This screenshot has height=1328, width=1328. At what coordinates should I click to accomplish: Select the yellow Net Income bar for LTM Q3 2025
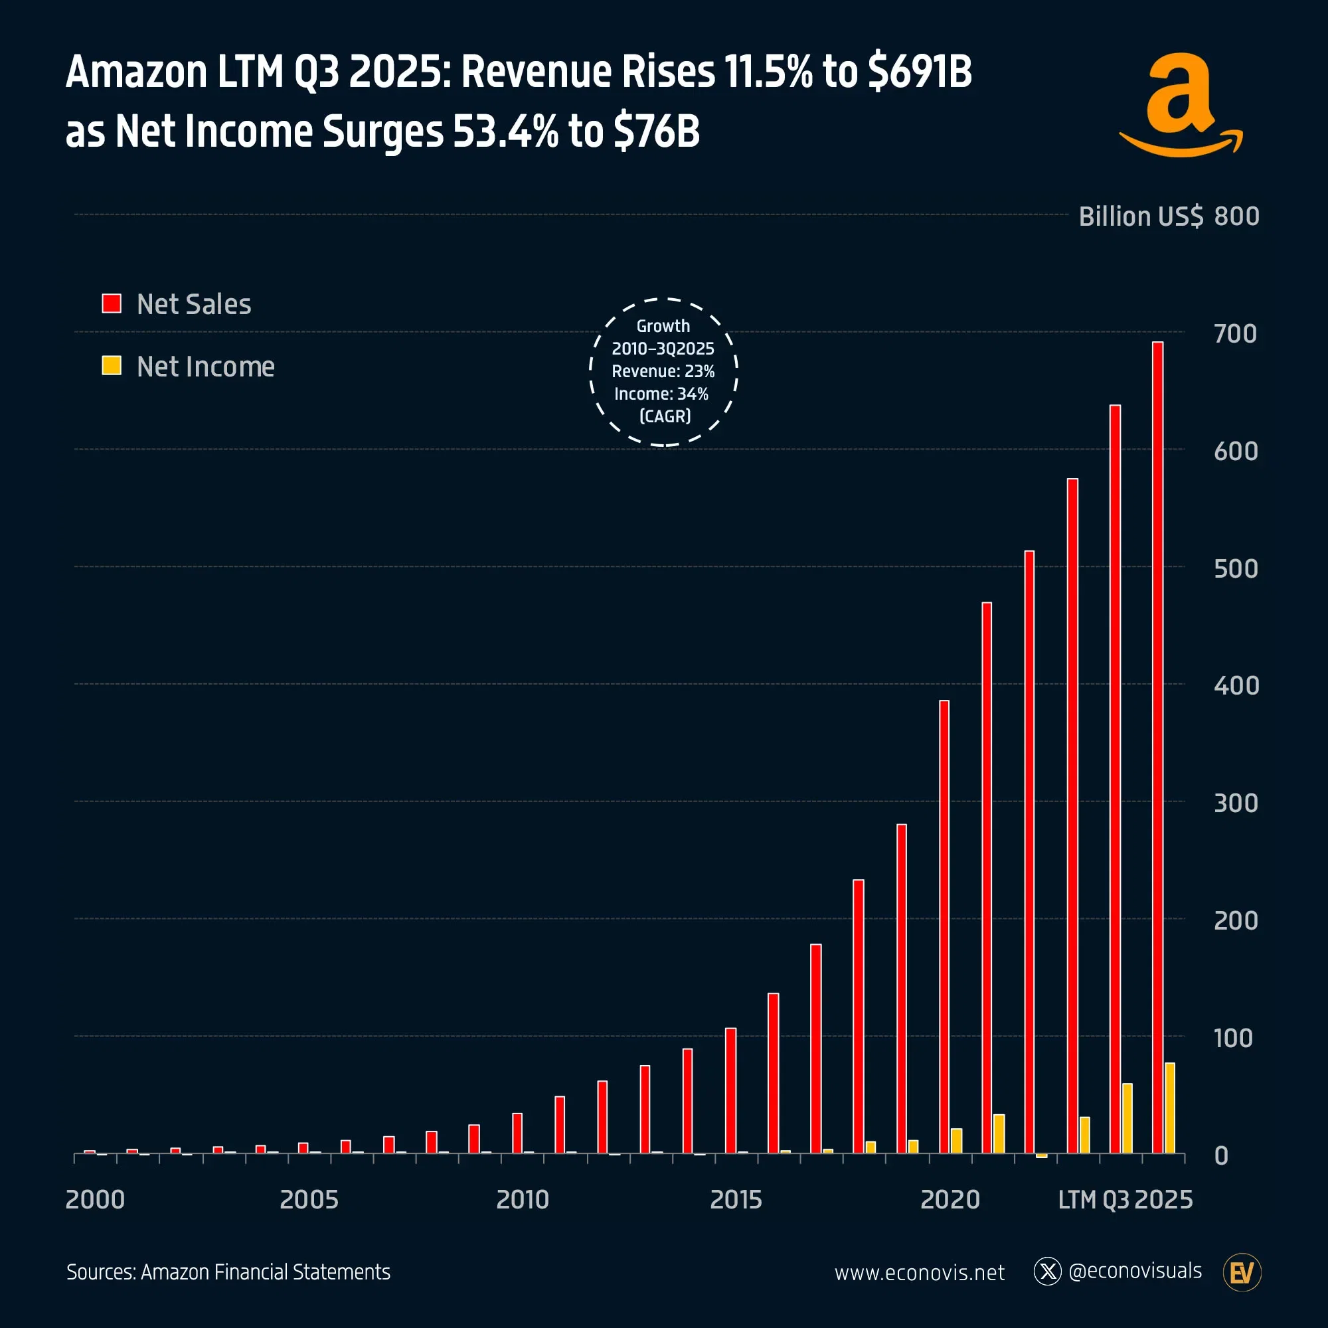(1170, 1108)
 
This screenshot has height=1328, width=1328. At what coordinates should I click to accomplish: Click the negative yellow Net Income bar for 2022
(1042, 1155)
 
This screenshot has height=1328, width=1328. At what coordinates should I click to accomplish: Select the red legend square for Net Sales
(112, 303)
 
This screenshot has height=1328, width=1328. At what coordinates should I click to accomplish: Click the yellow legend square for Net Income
(112, 366)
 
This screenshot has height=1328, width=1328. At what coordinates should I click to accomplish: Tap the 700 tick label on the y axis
(1235, 334)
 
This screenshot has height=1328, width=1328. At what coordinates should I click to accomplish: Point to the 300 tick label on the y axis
(1235, 803)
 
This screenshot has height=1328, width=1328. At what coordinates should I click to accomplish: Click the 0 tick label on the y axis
(1222, 1156)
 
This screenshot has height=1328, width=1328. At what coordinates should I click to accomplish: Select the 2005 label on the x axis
(309, 1199)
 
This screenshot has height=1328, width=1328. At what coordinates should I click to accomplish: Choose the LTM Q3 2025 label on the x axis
(1125, 1199)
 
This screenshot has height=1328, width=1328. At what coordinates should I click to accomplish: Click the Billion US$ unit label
(1141, 216)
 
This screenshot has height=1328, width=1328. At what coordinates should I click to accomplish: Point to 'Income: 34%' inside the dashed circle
(661, 394)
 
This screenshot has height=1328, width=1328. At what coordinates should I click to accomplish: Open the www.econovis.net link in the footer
(919, 1273)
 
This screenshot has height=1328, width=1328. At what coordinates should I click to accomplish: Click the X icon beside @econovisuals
(1048, 1272)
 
